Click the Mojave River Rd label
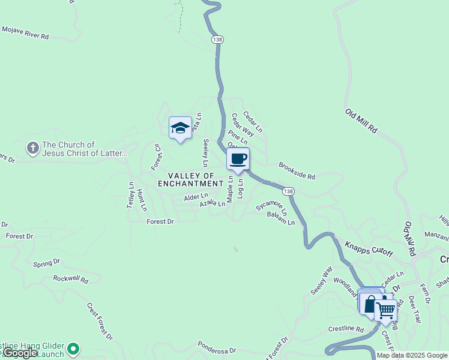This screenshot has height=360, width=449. [x=25, y=32]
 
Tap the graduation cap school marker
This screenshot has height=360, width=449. [x=180, y=128]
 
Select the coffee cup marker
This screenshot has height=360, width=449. [x=238, y=159]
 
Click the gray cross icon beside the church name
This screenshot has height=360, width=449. [x=32, y=147]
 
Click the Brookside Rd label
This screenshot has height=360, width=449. [x=297, y=170]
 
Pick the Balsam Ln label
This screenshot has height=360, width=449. [x=281, y=219]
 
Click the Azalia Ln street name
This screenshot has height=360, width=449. [x=212, y=204]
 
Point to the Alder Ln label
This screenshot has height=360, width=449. [x=196, y=196]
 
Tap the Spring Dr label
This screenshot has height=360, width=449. [x=47, y=263]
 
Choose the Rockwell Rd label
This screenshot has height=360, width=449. [x=70, y=279]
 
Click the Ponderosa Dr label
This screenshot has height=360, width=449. [x=217, y=348]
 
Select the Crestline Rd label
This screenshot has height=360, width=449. [x=346, y=329]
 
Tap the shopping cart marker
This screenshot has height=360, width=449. [x=385, y=310]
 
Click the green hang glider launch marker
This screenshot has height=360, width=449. [x=73, y=348]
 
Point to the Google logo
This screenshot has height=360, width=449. [x=20, y=353]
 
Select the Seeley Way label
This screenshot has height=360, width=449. [x=321, y=280]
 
